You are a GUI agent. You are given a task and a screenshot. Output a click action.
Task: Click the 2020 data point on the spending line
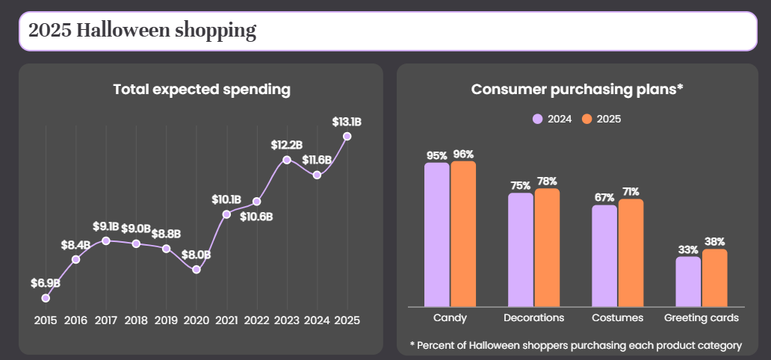coord(196,270)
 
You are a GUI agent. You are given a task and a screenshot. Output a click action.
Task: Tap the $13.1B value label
coord(347,122)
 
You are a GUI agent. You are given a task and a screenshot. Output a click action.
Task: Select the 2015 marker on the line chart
coord(46,298)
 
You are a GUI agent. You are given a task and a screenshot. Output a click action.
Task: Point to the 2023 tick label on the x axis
coord(287,320)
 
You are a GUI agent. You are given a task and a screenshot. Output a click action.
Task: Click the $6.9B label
coord(46,283)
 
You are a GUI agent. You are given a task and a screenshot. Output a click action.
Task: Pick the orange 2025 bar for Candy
coord(463,234)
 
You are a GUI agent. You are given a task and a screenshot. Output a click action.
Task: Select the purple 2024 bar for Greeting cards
coord(688,282)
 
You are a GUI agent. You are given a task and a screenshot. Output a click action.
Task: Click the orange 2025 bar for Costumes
coord(631,252)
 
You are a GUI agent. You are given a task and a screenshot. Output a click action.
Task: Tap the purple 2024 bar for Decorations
coord(520,250)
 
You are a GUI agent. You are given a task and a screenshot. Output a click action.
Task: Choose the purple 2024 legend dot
coord(537,119)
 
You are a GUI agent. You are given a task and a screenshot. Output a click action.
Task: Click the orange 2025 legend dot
coord(586,119)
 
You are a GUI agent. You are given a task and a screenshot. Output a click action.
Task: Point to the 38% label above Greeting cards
coord(714,241)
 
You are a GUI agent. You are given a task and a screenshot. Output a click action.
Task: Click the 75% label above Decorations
coord(520,185)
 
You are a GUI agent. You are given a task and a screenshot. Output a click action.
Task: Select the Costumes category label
coord(618,317)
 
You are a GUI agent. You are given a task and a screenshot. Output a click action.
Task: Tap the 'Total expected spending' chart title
coord(202,90)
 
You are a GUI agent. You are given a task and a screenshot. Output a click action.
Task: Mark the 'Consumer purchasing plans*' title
coord(578,90)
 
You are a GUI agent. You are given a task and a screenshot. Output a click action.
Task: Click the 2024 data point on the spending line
coord(318,175)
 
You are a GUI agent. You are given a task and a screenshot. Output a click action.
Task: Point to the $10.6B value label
coord(256,217)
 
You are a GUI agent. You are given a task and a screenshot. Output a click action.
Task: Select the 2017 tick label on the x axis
coord(106,320)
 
